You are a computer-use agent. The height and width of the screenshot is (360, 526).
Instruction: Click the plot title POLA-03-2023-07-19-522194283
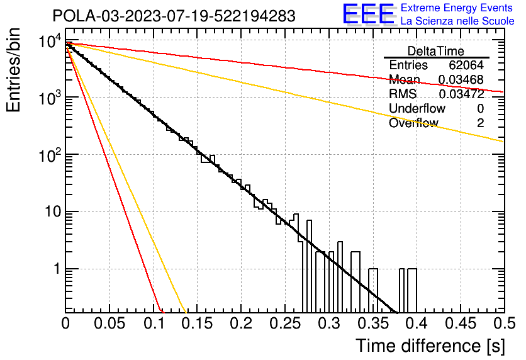(174, 16)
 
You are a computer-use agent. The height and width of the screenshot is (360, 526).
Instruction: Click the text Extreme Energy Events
(457, 8)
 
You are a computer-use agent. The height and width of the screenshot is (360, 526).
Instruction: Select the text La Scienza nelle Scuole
(457, 21)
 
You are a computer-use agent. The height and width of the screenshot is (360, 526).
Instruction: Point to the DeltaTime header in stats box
(436, 51)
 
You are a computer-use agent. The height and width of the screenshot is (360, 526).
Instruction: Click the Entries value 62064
(466, 65)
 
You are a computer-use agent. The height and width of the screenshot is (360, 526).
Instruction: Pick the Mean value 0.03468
(461, 80)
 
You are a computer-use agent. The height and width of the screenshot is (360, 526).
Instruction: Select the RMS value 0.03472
(461, 94)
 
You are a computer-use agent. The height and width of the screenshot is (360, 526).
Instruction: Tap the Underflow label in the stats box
(417, 109)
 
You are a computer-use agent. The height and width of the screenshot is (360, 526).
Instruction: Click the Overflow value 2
(480, 123)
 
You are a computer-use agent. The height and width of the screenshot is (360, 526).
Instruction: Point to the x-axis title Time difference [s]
(430, 346)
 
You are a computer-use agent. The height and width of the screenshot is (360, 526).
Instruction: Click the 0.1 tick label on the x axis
(153, 323)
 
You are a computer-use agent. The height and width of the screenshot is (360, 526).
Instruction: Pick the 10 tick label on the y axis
(50, 212)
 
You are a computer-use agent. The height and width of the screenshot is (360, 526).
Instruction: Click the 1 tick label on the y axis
(55, 269)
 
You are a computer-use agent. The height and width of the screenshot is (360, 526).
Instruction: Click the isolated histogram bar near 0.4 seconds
(412, 290)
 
